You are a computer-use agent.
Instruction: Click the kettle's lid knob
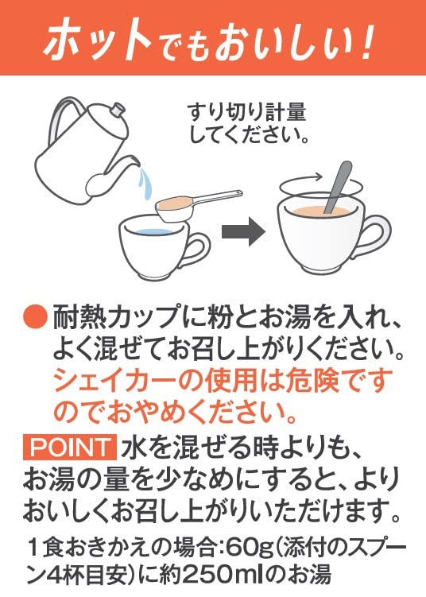point(117,110)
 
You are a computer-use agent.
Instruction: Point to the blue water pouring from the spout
point(145,182)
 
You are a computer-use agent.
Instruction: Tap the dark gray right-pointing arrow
point(243,231)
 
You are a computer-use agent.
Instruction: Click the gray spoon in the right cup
point(338,187)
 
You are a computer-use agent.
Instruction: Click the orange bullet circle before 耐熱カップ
point(36,316)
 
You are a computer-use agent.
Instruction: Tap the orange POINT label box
point(70,448)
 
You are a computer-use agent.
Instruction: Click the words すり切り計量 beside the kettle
point(246,112)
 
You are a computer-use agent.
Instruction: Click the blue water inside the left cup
point(153,232)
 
